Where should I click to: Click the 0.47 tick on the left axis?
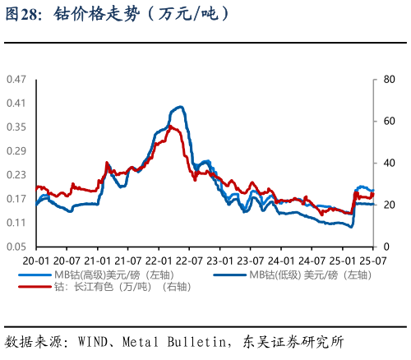[16, 79]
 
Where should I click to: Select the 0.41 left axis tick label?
[16, 103]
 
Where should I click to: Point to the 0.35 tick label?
[16, 127]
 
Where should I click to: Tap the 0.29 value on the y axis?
[16, 151]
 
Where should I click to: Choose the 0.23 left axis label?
[16, 175]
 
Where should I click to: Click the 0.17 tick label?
[16, 199]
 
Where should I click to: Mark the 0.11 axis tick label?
[16, 223]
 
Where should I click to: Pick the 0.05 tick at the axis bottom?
[16, 247]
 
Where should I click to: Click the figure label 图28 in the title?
[25, 14]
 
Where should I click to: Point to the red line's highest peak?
[171, 126]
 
